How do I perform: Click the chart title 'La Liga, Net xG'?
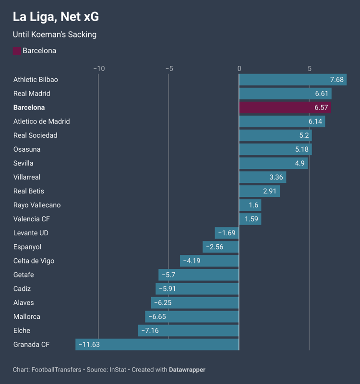tap(56, 17)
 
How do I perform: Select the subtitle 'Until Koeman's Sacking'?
tap(55, 35)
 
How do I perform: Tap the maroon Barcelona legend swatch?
tap(17, 51)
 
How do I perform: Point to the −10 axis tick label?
tap(98, 69)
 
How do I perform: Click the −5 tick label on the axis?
tap(169, 69)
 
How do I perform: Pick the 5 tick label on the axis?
tap(310, 69)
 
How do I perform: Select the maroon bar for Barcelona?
tap(285, 108)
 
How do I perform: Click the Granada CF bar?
tap(157, 345)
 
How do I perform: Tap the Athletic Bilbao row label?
tap(36, 80)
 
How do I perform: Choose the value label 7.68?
tap(336, 80)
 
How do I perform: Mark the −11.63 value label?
tap(89, 345)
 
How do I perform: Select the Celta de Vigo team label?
tap(34, 261)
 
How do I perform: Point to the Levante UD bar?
tap(227, 233)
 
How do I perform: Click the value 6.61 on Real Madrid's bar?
tap(322, 94)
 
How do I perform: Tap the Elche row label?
tap(22, 331)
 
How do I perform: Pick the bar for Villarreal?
tap(263, 177)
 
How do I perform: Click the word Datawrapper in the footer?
tap(187, 370)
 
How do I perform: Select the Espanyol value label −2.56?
tap(215, 247)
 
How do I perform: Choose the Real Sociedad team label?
tap(35, 135)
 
